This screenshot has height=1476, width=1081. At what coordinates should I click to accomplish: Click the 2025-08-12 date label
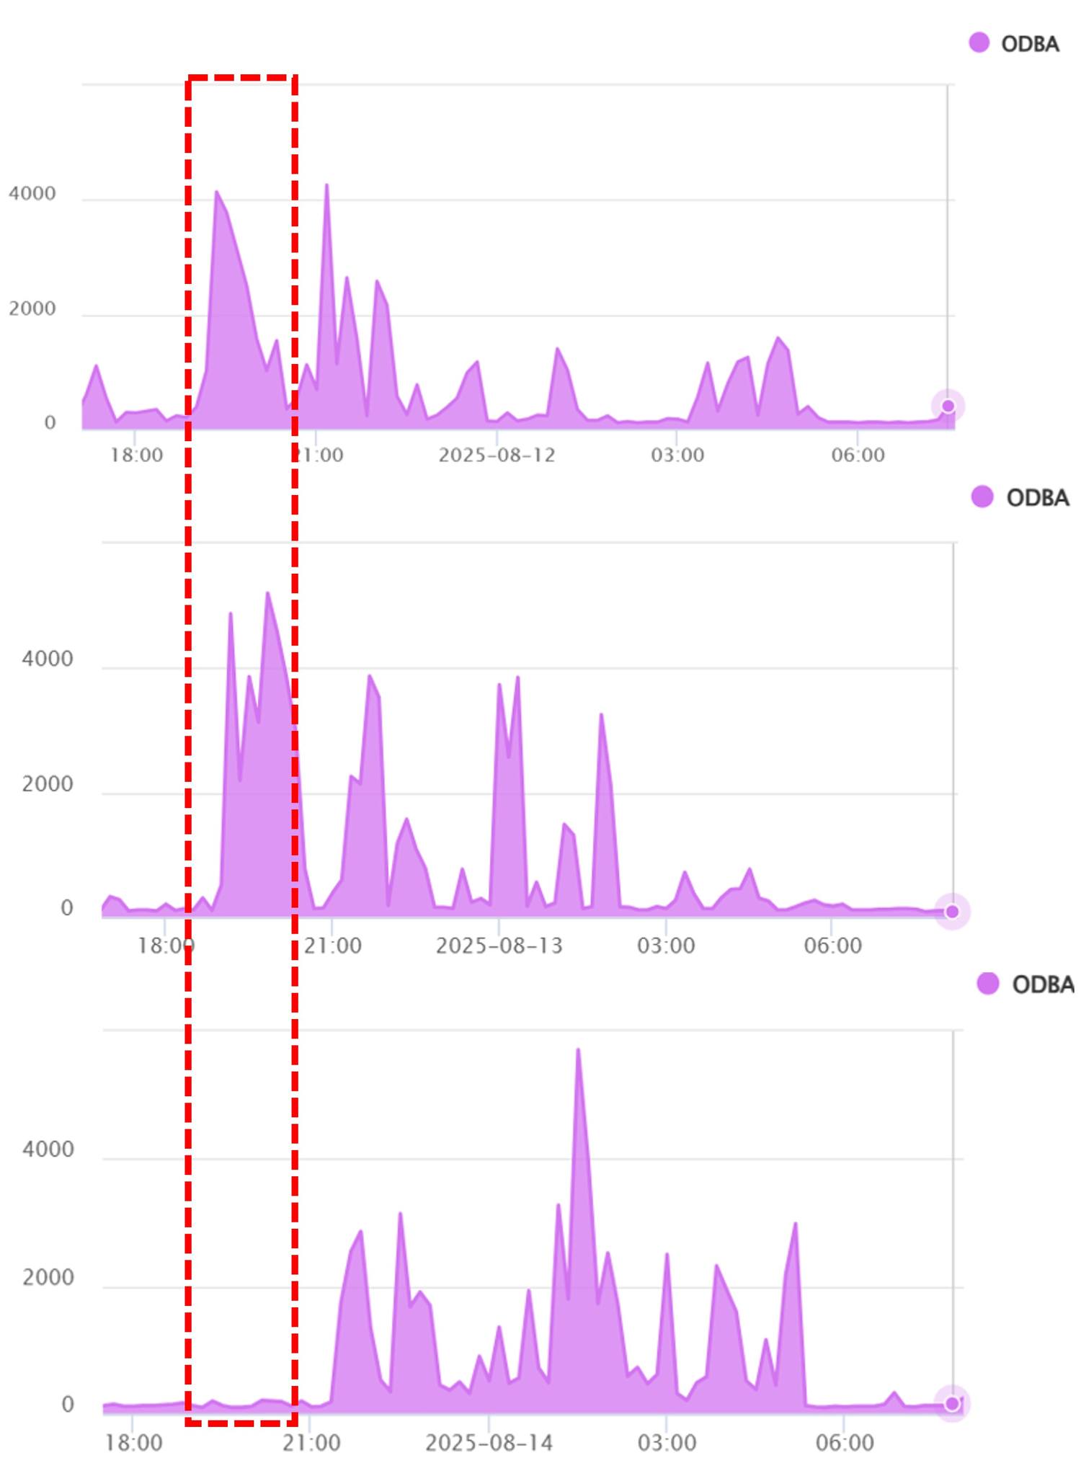[497, 455]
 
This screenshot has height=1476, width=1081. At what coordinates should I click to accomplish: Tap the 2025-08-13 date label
[499, 946]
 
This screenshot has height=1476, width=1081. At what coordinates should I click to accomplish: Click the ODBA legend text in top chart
[1030, 44]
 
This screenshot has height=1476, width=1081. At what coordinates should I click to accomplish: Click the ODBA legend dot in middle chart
[982, 497]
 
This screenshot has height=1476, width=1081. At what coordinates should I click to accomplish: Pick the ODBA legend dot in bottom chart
[988, 983]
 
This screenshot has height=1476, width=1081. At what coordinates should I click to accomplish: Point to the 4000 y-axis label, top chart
[32, 194]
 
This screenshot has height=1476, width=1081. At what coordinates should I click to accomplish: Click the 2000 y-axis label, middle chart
[48, 784]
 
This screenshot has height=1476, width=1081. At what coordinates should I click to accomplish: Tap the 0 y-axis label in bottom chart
[68, 1405]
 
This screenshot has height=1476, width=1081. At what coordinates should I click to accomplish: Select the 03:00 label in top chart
[677, 455]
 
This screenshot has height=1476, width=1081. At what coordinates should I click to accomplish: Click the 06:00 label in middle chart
[833, 946]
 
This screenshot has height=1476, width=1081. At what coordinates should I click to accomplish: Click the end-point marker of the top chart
[948, 406]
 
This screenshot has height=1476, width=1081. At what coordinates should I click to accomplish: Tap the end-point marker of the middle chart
[952, 912]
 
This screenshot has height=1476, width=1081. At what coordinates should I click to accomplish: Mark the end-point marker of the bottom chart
[952, 1403]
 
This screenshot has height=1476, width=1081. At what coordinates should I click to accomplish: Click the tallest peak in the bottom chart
[578, 1050]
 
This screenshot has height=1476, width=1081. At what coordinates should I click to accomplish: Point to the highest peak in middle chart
[267, 593]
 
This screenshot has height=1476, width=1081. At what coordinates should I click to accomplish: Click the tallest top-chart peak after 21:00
[326, 185]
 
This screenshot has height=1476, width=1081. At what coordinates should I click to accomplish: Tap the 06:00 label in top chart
[858, 455]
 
